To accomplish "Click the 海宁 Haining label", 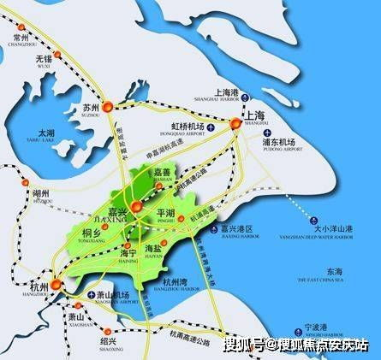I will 128,254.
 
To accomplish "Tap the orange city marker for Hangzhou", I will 57,284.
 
